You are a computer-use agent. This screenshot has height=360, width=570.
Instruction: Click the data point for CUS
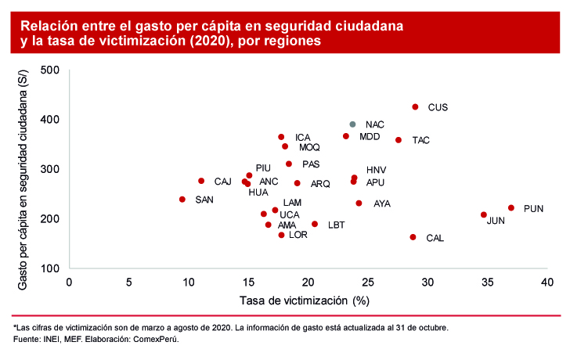point(415,107)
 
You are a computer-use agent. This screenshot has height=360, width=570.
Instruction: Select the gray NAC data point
point(352,124)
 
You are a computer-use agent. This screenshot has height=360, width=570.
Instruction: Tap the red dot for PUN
point(511,208)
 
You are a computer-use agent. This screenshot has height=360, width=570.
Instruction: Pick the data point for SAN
point(182,200)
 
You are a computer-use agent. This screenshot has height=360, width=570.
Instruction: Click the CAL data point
point(413,237)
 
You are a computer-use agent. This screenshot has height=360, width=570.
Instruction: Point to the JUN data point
point(484,214)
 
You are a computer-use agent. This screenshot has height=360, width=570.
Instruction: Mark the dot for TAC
point(399,140)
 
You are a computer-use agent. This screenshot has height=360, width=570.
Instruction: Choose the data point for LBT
point(315,224)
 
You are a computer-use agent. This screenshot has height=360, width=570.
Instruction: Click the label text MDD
point(370,137)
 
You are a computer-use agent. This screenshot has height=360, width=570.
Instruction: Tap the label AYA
point(382,203)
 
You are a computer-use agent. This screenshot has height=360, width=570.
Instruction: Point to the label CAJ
point(223,182)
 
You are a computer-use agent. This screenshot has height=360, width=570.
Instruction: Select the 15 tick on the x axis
point(248,282)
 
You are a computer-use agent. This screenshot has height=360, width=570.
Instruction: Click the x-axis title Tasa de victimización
point(304,300)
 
